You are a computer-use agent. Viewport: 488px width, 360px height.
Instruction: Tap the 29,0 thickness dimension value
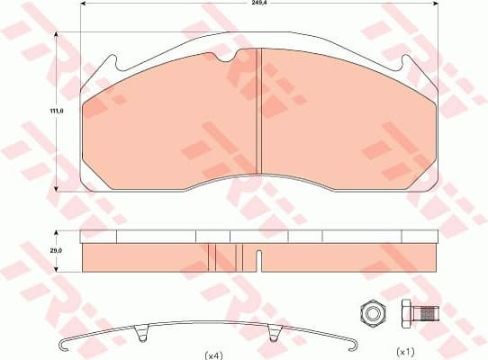pyautogui.click(x=56, y=249)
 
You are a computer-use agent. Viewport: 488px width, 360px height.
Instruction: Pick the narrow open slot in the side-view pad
pyautogui.click(x=258, y=260)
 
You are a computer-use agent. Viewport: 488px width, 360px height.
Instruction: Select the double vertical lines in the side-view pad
pyautogui.click(x=212, y=257)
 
